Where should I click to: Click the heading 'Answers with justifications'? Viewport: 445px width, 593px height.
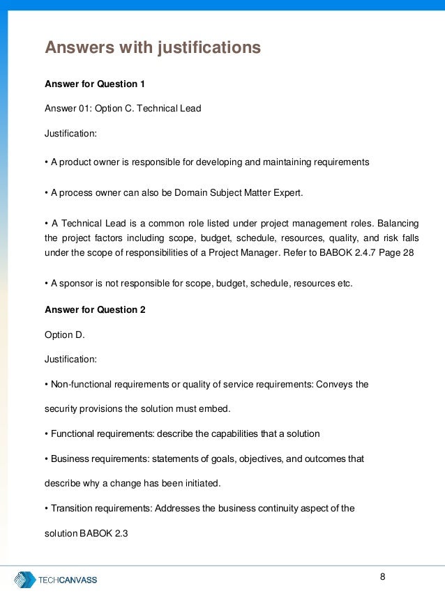tap(153, 47)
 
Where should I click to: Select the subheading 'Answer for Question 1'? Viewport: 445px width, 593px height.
tap(95, 84)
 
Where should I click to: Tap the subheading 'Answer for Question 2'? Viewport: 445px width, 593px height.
tap(95, 309)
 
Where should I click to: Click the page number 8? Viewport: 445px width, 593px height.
tap(382, 576)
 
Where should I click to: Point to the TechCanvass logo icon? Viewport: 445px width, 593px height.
tap(25, 579)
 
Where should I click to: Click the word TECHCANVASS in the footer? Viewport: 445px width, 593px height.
tap(68, 580)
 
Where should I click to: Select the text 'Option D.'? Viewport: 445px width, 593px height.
tap(64, 334)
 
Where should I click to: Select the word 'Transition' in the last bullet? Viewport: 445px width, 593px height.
tap(73, 508)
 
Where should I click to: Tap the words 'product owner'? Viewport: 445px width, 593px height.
tap(88, 162)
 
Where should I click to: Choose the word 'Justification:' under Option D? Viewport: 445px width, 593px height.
tap(71, 360)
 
